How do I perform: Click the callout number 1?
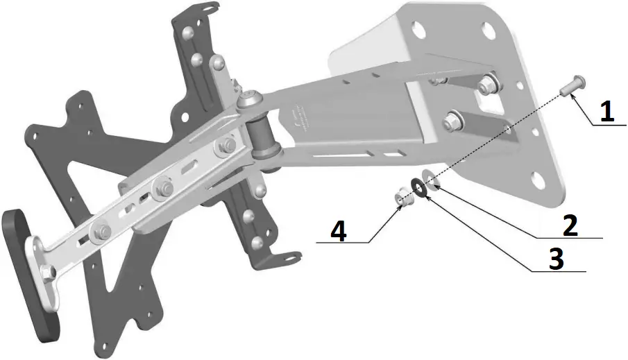coord(607,111)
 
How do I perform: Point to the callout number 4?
coord(338,231)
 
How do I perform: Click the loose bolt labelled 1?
coord(575,87)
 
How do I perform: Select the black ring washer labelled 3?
coord(419,187)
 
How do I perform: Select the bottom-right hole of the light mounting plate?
coord(539,182)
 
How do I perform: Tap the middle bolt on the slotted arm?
coord(164,186)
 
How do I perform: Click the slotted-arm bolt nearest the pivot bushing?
coord(226,146)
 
